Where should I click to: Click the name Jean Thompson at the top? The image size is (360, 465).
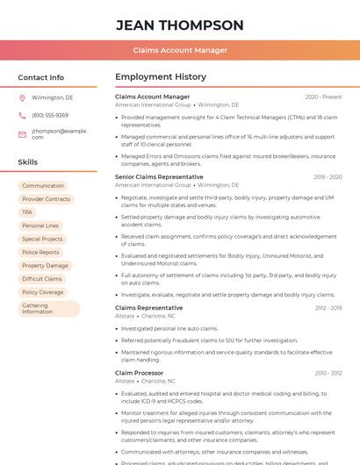[x=180, y=25]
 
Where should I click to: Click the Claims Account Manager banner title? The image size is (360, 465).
[x=180, y=51]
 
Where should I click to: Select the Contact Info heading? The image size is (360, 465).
[x=41, y=77]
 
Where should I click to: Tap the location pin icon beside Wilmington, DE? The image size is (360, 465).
[x=22, y=98]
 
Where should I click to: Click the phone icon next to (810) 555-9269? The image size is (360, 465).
[x=22, y=115]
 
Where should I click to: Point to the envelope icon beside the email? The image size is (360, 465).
[x=22, y=134]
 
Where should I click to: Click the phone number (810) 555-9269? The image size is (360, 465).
[x=50, y=115]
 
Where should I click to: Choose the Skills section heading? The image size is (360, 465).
[x=28, y=162]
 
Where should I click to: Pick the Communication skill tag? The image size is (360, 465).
[x=43, y=186]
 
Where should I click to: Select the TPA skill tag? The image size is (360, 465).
[x=27, y=212]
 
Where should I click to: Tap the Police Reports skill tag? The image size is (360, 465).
[x=41, y=253]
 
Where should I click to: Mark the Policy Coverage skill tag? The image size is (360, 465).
[x=43, y=292]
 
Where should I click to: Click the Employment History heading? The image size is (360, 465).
[x=161, y=77]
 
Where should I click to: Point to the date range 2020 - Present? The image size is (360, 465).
[x=323, y=97]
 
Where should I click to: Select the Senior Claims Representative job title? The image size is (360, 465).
[x=159, y=177]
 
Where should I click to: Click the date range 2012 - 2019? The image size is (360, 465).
[x=328, y=308]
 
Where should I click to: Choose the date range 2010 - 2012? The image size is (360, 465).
[x=328, y=373]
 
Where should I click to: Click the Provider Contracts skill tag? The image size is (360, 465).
[x=46, y=199]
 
